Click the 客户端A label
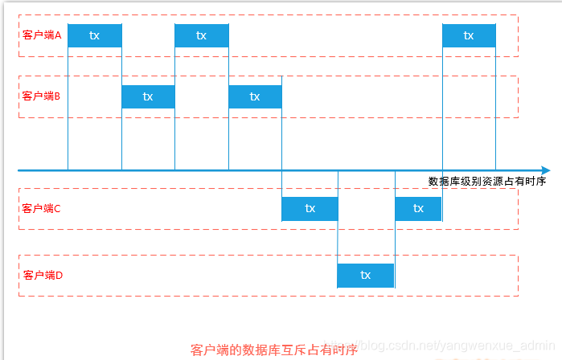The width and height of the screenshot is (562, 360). click(x=43, y=36)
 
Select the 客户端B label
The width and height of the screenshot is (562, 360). click(x=43, y=96)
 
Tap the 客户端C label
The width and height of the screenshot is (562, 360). click(x=43, y=209)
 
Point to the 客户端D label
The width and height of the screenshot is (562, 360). click(x=43, y=275)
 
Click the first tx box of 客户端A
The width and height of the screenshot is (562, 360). click(x=95, y=36)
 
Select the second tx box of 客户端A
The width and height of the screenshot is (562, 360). click(x=202, y=36)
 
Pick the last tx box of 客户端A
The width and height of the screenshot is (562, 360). click(x=469, y=36)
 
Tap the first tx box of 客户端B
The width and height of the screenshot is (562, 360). click(x=148, y=96)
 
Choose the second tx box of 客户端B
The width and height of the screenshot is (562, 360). click(x=255, y=96)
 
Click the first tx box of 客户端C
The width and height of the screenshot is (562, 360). click(x=310, y=209)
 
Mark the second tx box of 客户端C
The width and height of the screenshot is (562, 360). click(x=418, y=209)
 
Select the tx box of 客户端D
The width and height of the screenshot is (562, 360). click(x=366, y=275)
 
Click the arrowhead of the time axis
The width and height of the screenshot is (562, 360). click(x=546, y=170)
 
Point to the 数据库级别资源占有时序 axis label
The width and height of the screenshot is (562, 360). click(x=487, y=182)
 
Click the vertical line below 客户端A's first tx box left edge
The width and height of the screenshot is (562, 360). click(x=68, y=112)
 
